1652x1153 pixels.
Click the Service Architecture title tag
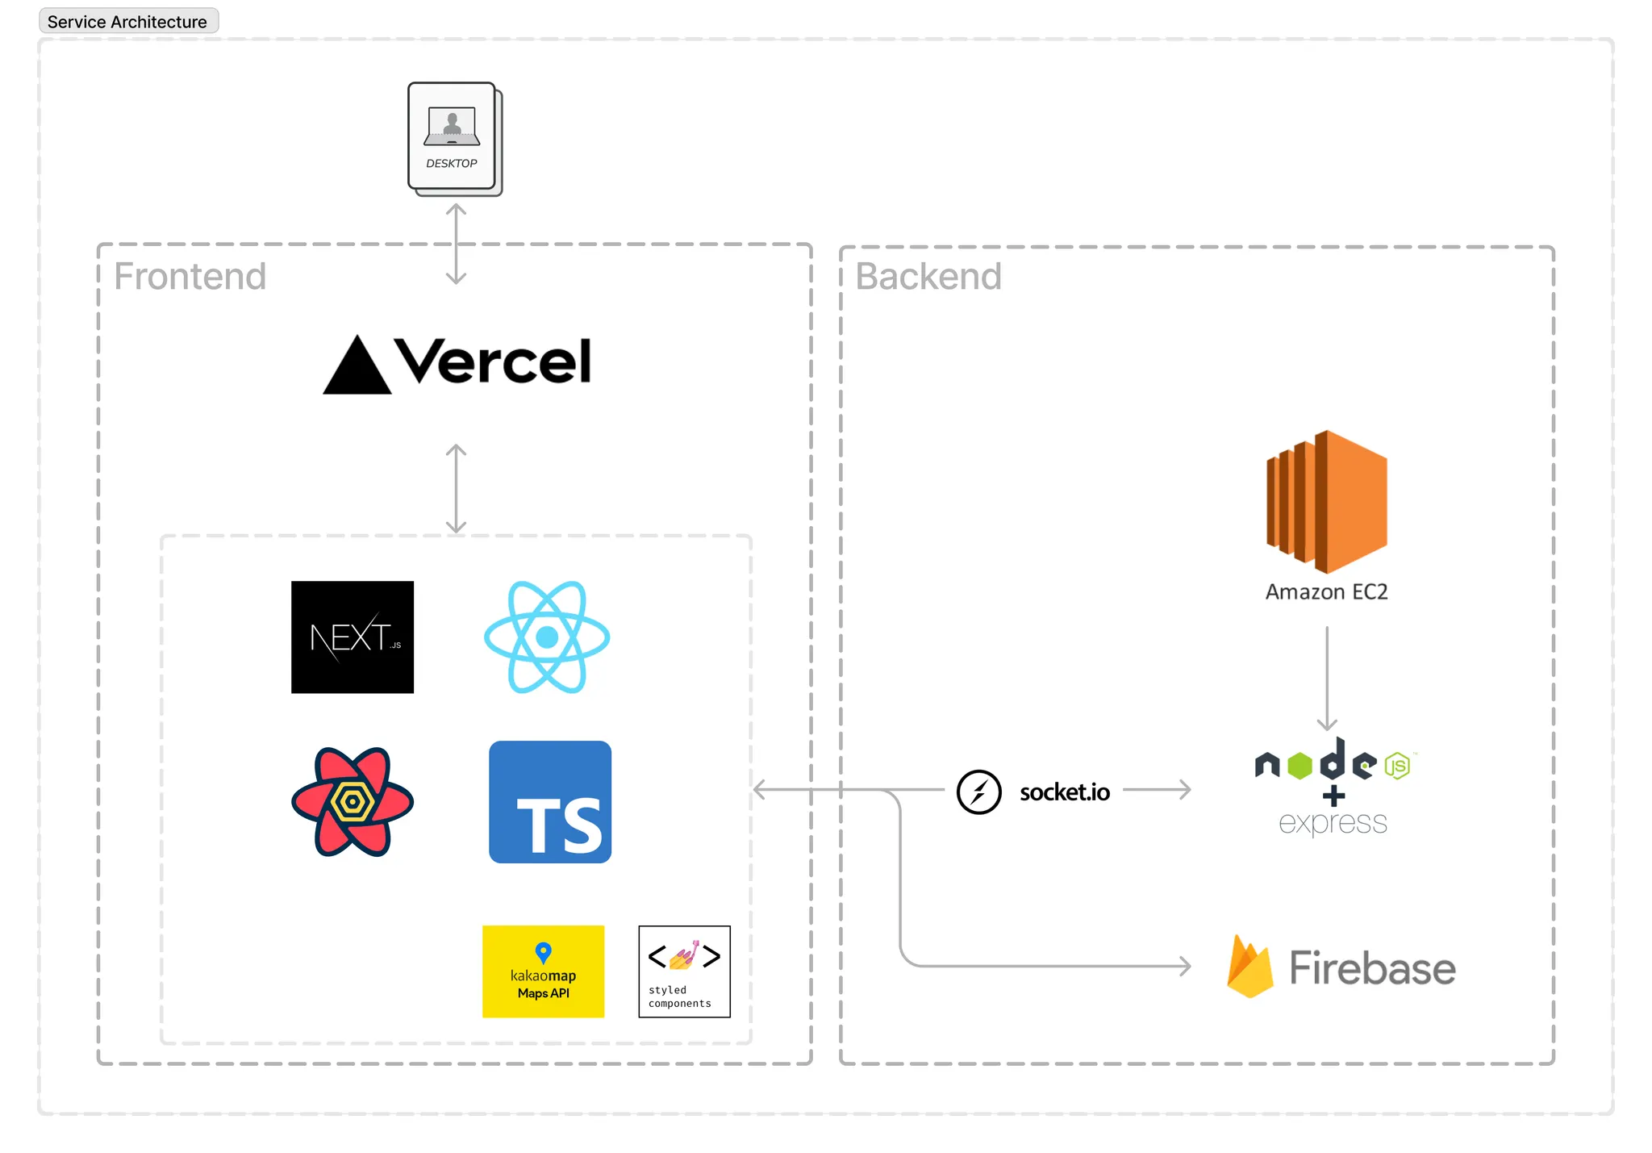(x=128, y=22)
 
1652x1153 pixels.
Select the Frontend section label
(x=190, y=276)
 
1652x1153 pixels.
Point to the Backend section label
(x=928, y=276)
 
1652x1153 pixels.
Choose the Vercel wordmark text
(x=494, y=361)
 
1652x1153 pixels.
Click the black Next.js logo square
(x=353, y=637)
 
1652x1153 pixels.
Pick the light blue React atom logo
(x=547, y=637)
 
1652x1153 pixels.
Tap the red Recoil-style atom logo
(x=353, y=802)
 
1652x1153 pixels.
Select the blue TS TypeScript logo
(x=550, y=802)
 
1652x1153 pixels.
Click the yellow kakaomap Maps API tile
(x=543, y=971)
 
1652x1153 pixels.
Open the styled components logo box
(x=684, y=971)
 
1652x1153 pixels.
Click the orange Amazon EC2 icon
(x=1327, y=501)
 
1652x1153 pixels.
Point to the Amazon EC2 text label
(x=1327, y=592)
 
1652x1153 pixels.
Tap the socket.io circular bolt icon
(x=978, y=792)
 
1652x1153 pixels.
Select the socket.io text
(x=1065, y=792)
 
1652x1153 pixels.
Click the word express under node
(x=1333, y=823)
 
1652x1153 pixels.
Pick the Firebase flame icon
(x=1249, y=967)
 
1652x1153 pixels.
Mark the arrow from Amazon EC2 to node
(x=1327, y=678)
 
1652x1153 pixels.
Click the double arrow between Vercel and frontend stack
(x=457, y=488)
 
